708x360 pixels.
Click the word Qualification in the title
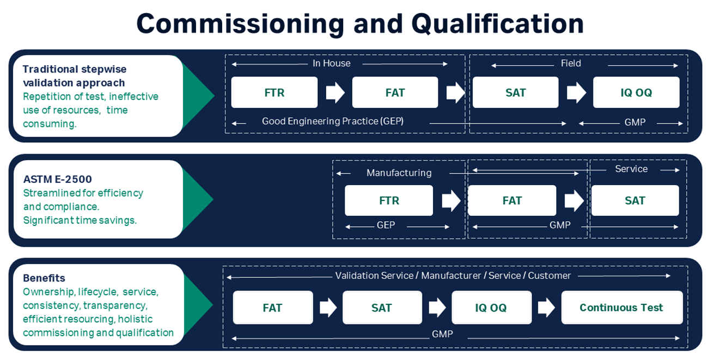pos(497,24)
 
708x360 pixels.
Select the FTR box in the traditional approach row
pos(274,93)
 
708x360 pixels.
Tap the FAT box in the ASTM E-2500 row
pos(512,200)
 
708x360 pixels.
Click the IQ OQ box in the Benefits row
pos(491,308)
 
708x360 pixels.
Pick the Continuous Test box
pos(621,308)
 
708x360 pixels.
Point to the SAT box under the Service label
pos(635,200)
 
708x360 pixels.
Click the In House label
pos(331,64)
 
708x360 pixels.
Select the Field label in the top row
pos(571,64)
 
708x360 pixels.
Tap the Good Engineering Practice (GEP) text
pos(333,121)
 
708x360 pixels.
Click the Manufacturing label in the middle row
pos(399,173)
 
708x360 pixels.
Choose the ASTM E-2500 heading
pos(58,179)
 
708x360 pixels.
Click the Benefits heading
pos(44,278)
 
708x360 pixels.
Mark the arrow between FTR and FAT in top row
pos(335,93)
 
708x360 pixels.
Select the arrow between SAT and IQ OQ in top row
pos(576,93)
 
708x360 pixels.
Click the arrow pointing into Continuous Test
pos(546,308)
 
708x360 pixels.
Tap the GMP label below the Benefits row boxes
pos(442,334)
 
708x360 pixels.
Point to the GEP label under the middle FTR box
pos(386,225)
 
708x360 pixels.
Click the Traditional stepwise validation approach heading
pos(74,76)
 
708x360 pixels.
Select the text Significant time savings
pos(80,221)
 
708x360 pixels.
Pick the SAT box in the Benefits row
pos(382,308)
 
